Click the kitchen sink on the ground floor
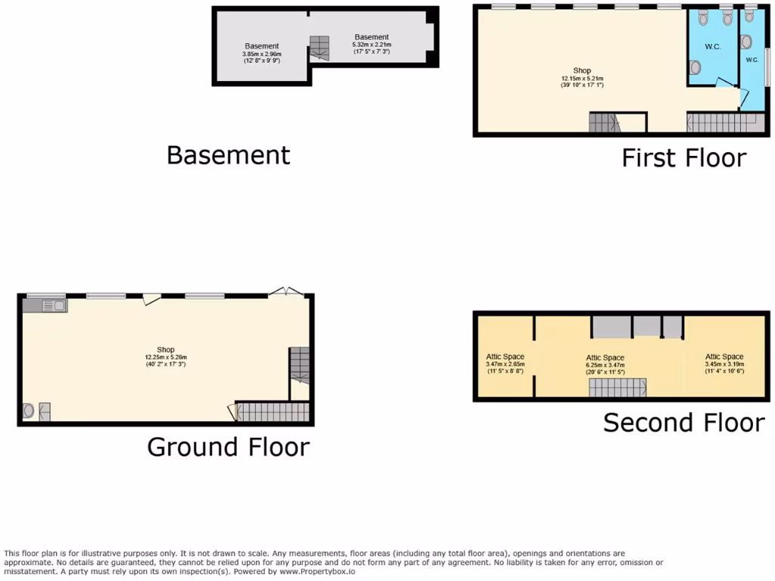click(50, 306)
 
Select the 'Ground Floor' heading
click(228, 447)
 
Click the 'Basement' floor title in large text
click(228, 155)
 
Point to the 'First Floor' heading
click(683, 158)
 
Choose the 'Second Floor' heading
click(683, 423)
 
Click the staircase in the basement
click(319, 48)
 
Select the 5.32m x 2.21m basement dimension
click(371, 48)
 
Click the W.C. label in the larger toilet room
click(712, 47)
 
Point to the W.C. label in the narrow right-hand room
click(752, 60)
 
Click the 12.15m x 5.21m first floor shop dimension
click(581, 82)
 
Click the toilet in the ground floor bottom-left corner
click(30, 411)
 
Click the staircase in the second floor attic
click(617, 387)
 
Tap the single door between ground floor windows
click(152, 300)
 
